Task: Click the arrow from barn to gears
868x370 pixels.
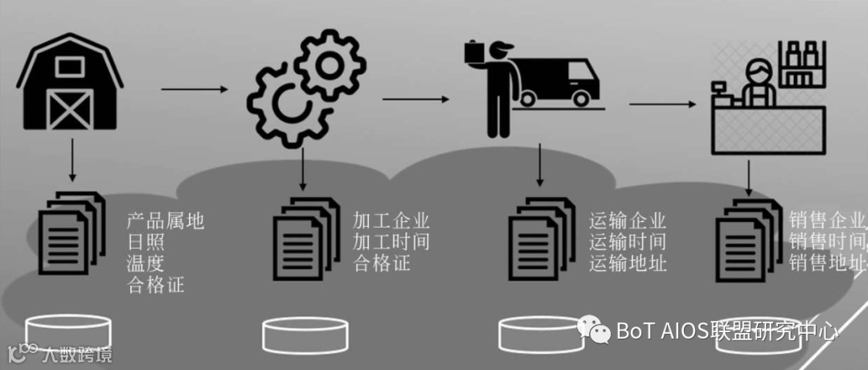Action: [x=194, y=88]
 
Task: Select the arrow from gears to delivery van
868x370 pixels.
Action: [x=415, y=100]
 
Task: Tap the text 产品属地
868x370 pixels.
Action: [x=166, y=220]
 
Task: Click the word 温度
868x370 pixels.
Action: [x=145, y=262]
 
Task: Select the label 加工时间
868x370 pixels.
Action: [x=391, y=241]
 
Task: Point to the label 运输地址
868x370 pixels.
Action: [x=628, y=262]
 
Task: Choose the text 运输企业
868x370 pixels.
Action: [x=628, y=220]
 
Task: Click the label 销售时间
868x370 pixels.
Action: [x=826, y=241]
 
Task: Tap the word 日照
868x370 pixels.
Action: [x=145, y=241]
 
